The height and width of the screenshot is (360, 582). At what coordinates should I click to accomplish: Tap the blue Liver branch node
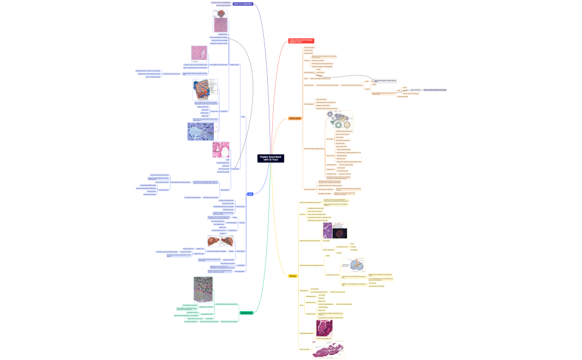pos(251,194)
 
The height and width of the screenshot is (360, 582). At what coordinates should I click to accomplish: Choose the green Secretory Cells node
pos(247,313)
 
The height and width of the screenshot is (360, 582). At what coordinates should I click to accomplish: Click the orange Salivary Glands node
pos(295,119)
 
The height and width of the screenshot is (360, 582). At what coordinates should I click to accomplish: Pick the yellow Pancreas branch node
pos(293,275)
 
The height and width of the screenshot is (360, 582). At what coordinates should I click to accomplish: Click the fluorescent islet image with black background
pos(339,233)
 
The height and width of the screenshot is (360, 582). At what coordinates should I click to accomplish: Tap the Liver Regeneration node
pos(239,271)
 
